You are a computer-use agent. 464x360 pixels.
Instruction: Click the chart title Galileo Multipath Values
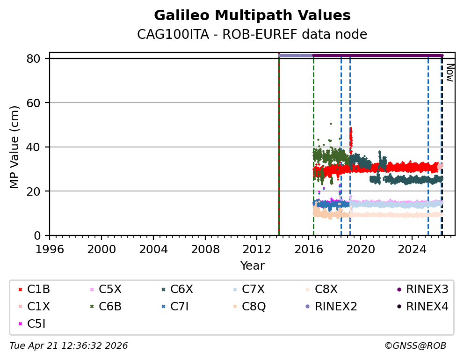(x=252, y=15)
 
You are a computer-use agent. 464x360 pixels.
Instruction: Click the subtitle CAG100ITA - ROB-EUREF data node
(x=252, y=35)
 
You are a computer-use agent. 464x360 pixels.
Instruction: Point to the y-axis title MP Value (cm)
(x=15, y=147)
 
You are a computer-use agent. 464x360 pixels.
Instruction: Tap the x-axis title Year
(x=252, y=266)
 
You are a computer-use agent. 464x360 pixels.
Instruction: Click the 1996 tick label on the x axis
(x=50, y=249)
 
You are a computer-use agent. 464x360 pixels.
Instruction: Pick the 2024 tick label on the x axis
(x=412, y=249)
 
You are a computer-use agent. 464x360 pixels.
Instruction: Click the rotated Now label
(x=449, y=73)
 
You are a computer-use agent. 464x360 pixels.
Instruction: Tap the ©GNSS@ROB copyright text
(x=415, y=346)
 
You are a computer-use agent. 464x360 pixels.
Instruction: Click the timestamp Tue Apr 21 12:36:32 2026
(x=69, y=346)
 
